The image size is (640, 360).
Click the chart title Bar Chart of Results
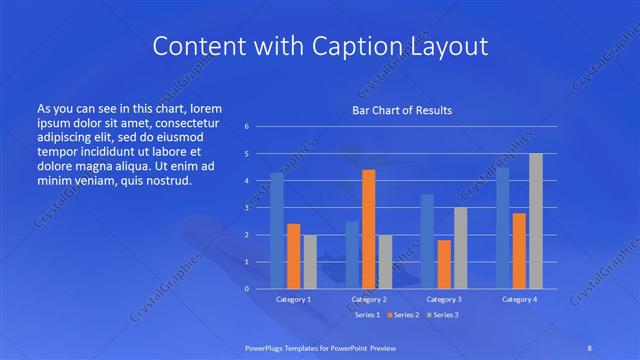tap(402, 110)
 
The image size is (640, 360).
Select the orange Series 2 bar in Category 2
tap(368, 229)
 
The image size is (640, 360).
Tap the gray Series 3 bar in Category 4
tap(535, 221)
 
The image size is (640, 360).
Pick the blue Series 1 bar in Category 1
tap(277, 230)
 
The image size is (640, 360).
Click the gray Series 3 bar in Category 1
tap(310, 261)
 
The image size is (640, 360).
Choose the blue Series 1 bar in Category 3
tap(427, 241)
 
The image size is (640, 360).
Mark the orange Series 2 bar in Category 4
tap(519, 250)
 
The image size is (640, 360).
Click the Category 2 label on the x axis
tap(369, 299)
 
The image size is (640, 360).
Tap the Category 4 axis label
tap(519, 299)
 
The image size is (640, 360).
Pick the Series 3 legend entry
tap(444, 315)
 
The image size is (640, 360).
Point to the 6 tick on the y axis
tap(246, 127)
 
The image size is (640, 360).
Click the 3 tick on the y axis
tap(246, 207)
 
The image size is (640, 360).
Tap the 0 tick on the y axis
tap(246, 288)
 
